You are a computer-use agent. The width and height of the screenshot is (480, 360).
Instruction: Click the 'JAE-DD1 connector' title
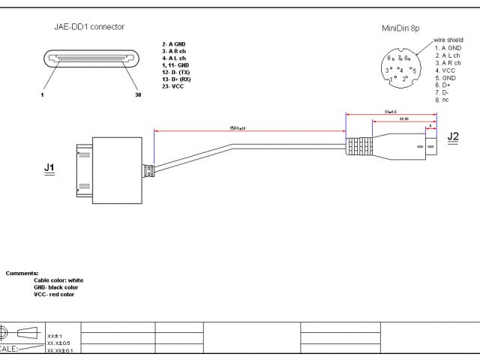tap(89, 27)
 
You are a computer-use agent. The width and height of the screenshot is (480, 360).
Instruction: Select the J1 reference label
tap(49, 169)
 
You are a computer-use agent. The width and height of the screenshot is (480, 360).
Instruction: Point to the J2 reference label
tap(453, 136)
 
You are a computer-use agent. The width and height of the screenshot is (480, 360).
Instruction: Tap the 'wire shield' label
tap(448, 40)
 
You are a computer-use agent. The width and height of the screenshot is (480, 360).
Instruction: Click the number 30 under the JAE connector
tap(137, 96)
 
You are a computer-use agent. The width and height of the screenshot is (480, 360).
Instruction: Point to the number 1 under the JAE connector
tap(43, 96)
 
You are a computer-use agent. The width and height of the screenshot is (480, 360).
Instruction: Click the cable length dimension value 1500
tap(238, 129)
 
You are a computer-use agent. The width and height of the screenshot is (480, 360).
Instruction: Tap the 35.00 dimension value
tap(403, 119)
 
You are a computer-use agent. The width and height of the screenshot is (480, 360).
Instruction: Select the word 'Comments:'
tap(22, 273)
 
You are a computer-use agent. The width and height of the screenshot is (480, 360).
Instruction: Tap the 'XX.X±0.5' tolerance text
tap(58, 343)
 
